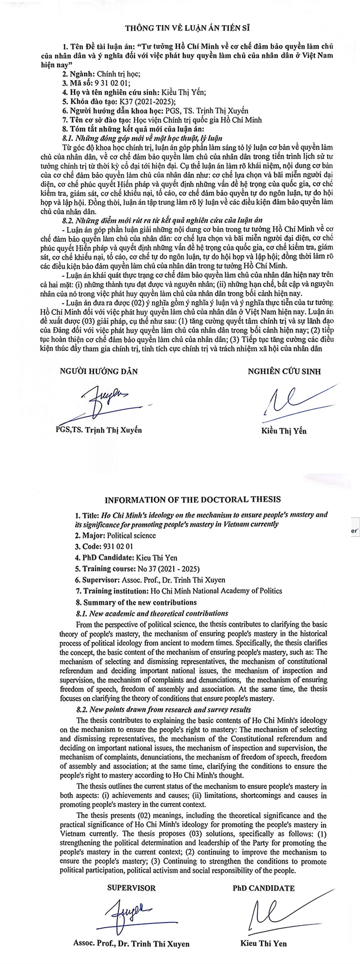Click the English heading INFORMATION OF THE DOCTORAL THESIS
(x=192, y=500)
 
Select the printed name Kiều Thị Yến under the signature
(x=284, y=431)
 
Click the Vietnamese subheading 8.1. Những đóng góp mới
(x=142, y=138)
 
